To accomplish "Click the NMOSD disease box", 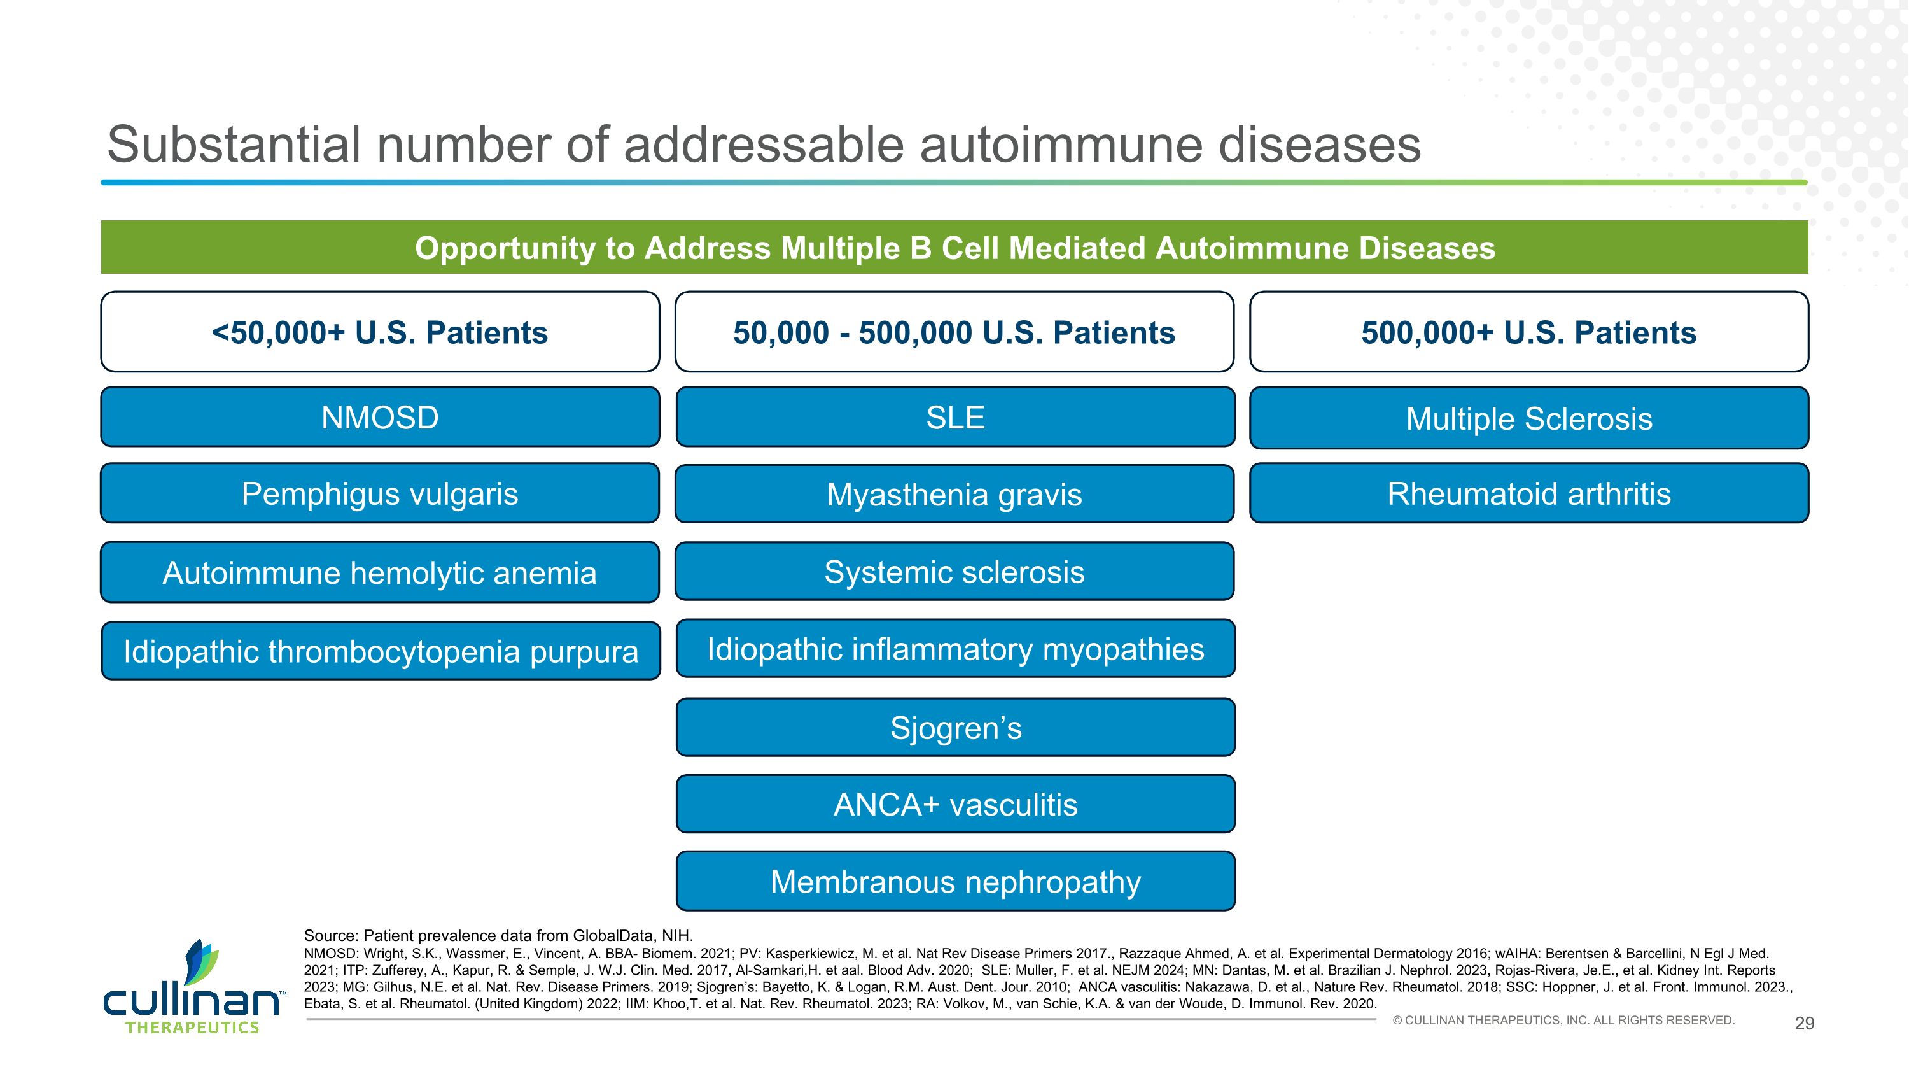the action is [380, 416].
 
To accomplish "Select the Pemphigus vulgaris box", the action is [380, 493].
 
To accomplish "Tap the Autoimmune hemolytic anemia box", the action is [380, 572].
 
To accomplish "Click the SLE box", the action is [955, 416].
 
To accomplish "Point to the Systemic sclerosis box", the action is [954, 572].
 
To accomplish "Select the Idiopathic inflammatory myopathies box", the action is [955, 649].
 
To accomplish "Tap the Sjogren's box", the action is [955, 727].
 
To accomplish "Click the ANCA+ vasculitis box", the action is [955, 804].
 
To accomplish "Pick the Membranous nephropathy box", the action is [955, 881].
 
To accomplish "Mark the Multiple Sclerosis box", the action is [1529, 418].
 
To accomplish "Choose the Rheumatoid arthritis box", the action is [1529, 493].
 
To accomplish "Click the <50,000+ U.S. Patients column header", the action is [380, 331].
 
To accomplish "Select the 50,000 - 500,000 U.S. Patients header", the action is [954, 331].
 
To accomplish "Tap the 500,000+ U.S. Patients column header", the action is [1529, 331].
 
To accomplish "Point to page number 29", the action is [1805, 1024].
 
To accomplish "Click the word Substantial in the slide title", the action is [234, 145].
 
